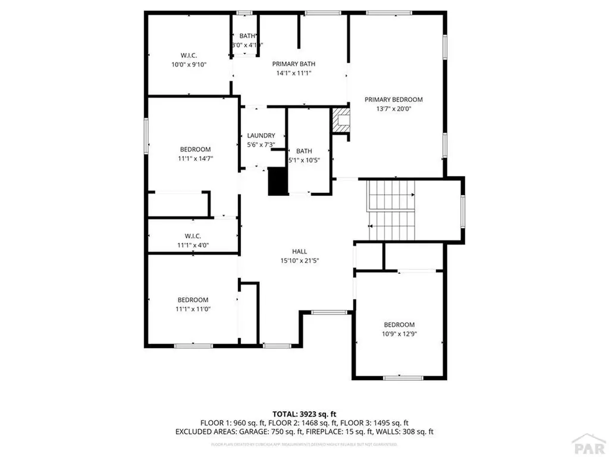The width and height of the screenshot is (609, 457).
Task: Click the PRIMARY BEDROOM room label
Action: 393,100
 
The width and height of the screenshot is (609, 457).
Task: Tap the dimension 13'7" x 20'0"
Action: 393,109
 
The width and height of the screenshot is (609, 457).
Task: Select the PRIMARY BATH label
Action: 294,64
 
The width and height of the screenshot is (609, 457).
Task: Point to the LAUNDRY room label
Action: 261,136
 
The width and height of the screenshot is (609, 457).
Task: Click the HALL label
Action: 299,252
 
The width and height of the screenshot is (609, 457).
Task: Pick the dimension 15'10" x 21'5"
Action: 299,261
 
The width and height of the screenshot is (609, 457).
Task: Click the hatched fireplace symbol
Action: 341,120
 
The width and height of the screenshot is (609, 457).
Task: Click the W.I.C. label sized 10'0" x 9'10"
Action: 189,55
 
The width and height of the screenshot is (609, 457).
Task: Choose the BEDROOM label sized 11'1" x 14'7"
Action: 195,149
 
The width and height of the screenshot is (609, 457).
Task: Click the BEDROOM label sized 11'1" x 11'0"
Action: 193,300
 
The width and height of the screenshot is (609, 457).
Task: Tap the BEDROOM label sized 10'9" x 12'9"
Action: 398,324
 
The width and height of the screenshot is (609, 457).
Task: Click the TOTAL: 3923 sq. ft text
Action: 304,414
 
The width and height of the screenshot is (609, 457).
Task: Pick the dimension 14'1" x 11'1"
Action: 294,73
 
